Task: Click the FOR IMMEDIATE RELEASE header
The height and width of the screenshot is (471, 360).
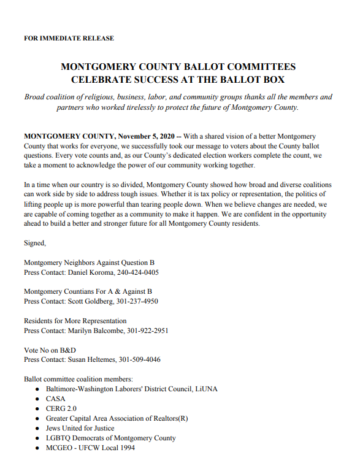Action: tap(69, 38)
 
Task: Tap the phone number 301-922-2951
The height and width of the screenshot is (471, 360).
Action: tap(148, 331)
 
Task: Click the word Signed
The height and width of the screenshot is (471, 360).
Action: tap(34, 243)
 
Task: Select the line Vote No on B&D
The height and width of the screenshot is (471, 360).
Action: tap(50, 350)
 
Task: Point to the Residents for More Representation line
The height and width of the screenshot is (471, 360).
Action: tap(75, 321)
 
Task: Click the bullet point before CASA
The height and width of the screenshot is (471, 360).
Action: tap(37, 399)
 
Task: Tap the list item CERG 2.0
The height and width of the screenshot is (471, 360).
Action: tap(61, 408)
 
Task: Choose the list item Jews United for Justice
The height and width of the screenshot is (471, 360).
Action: tap(80, 428)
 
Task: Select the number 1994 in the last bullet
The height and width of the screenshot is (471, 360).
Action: tap(125, 448)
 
